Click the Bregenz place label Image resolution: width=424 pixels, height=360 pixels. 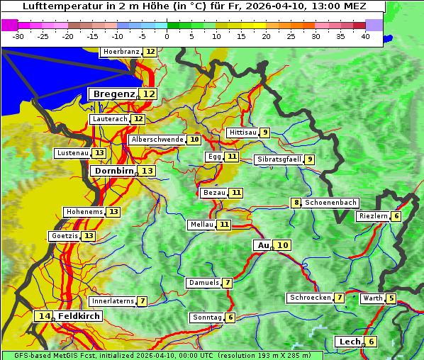pos(113,94)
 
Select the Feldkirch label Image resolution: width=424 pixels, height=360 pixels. pos(79,316)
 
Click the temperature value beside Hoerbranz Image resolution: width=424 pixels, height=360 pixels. pos(150,52)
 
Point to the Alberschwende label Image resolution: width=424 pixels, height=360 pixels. pos(157,140)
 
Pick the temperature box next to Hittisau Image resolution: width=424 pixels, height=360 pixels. pos(264,133)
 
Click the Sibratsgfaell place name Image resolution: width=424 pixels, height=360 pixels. pos(279,159)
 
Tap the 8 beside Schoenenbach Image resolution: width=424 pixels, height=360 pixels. pos(296,203)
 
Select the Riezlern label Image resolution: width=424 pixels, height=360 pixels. pos(373,216)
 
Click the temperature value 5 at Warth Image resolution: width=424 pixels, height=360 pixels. pos(391,298)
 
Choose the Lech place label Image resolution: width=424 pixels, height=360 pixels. pos(350,342)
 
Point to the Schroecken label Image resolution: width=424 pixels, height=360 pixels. pos(310,298)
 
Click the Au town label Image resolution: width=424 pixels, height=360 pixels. pos(263,245)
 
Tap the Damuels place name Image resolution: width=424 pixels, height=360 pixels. pos(203,283)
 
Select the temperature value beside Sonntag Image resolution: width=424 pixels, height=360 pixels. pos(230,317)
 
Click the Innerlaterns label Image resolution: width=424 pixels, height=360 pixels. pos(113,301)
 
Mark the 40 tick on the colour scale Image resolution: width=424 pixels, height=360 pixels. pos(365,35)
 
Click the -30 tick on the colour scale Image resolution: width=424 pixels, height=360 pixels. pos(18,35)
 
